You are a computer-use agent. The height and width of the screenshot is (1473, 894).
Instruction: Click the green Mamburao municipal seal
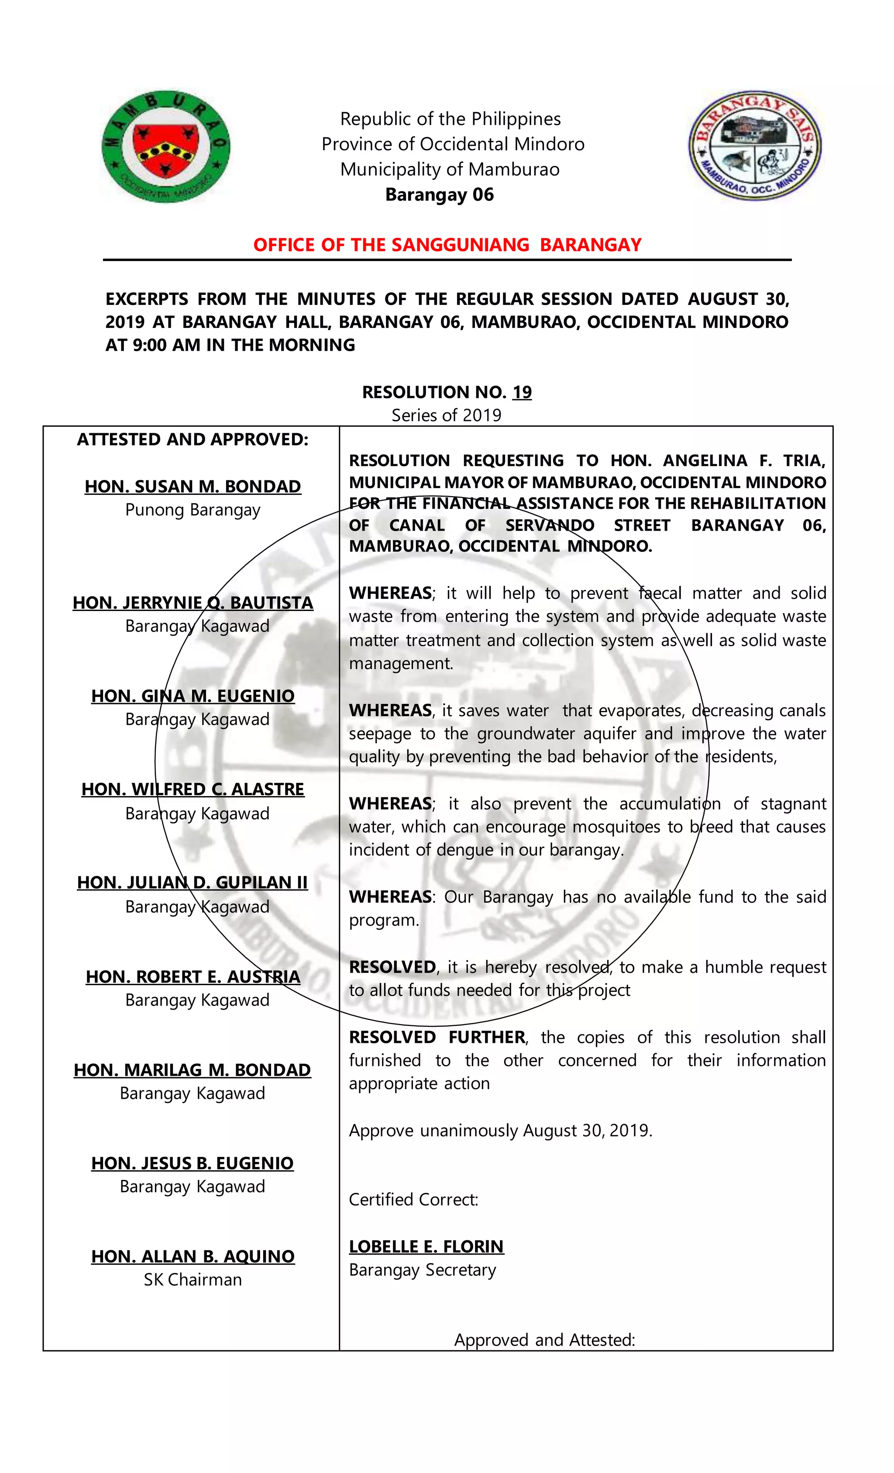165,146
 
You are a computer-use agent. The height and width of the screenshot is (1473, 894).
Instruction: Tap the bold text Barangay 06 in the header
439,195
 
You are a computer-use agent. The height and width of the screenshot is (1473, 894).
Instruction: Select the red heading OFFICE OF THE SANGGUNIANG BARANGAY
447,245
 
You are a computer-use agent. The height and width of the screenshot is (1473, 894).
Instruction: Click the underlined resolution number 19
522,392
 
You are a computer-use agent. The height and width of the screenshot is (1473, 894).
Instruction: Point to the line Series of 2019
447,415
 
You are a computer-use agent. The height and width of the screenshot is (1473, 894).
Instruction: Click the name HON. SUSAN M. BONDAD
193,486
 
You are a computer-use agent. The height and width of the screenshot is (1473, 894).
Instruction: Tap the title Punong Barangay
193,510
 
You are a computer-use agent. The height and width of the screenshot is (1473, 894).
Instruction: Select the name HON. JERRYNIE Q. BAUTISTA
193,603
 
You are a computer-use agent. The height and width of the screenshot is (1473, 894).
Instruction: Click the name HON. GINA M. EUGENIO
193,696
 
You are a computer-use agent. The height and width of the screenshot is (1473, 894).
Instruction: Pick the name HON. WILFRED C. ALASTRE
193,789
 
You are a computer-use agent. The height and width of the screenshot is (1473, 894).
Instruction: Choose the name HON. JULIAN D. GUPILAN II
193,883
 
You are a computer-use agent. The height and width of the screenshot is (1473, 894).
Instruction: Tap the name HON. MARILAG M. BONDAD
193,1069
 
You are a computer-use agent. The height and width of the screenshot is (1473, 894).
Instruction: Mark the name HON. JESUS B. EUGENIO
193,1163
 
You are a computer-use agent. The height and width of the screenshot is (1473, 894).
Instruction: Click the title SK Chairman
193,1279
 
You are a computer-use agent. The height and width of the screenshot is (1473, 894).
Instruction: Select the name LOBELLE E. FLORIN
426,1246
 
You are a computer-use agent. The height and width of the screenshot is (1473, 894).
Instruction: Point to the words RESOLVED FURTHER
437,1037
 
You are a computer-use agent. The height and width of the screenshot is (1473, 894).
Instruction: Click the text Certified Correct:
413,1199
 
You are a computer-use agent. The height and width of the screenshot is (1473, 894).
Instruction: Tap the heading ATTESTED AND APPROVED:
193,439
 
